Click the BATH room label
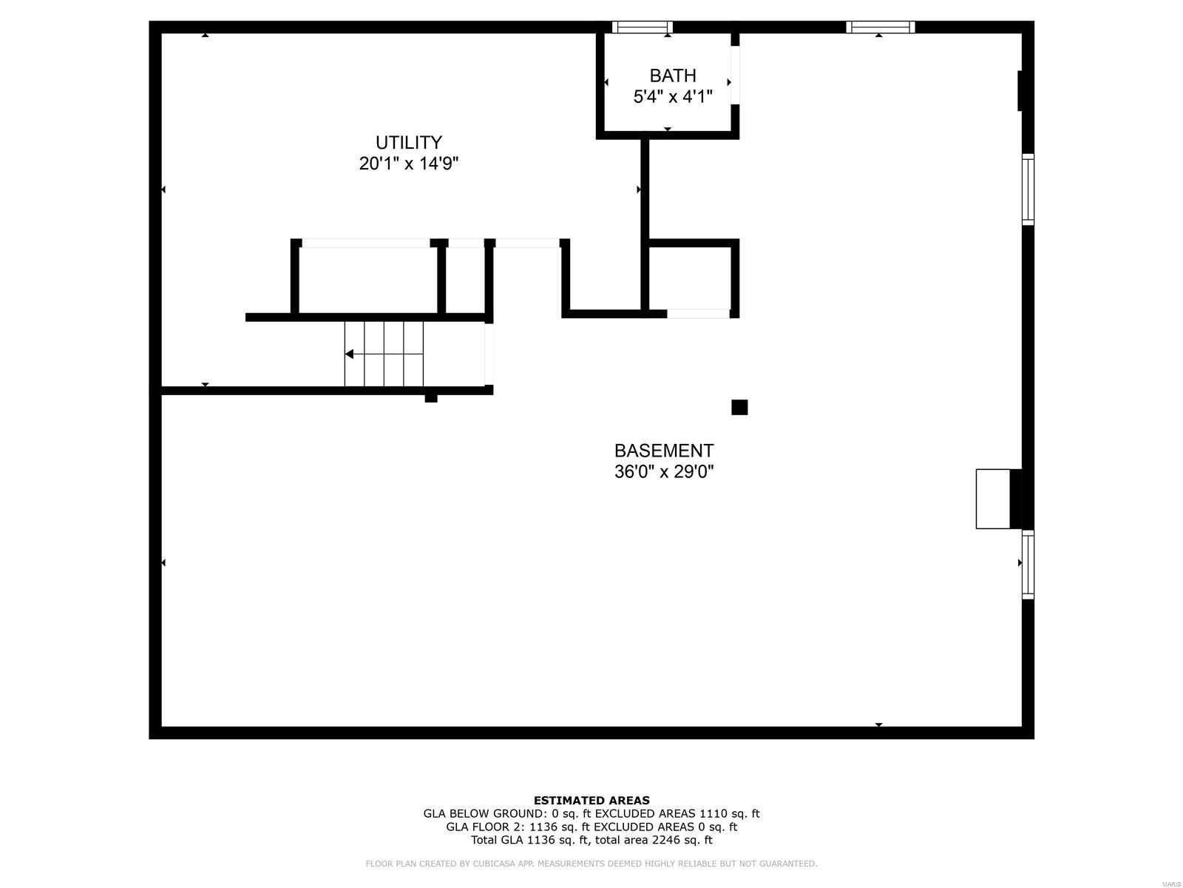pos(672,75)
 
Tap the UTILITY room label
pos(408,142)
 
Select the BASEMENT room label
pos(663,451)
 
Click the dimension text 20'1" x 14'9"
pos(408,164)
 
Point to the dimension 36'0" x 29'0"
pos(663,471)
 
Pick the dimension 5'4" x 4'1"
pos(672,96)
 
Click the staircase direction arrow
pos(350,354)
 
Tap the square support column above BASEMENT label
pos(739,407)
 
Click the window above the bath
pos(642,27)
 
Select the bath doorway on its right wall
pos(735,75)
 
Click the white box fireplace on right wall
pos(993,499)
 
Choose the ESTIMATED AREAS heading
pos(591,800)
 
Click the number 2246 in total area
pos(665,840)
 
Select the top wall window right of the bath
pos(880,27)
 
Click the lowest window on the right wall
pos(1028,564)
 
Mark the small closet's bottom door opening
pos(698,314)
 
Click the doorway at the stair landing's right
pos(489,354)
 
